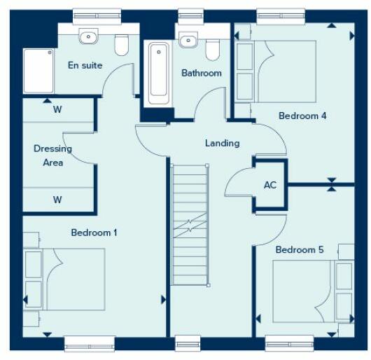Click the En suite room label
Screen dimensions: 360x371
click(85, 65)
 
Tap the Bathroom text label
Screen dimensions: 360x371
click(202, 73)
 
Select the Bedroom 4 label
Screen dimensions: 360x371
click(302, 116)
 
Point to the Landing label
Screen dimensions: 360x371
click(222, 143)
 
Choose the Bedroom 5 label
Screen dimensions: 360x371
click(299, 250)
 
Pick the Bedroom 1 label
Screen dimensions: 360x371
click(94, 233)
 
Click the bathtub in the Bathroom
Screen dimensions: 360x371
click(158, 74)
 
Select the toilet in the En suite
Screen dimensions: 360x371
click(122, 45)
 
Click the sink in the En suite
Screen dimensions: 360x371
click(88, 36)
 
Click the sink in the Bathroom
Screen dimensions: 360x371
click(188, 41)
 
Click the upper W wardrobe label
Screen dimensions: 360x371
click(57, 109)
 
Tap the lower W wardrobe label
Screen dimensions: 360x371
click(57, 200)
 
